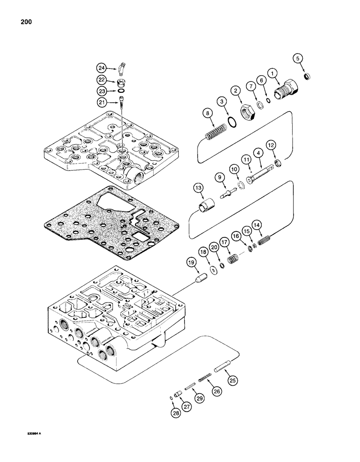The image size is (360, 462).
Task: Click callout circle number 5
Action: [299, 59]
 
